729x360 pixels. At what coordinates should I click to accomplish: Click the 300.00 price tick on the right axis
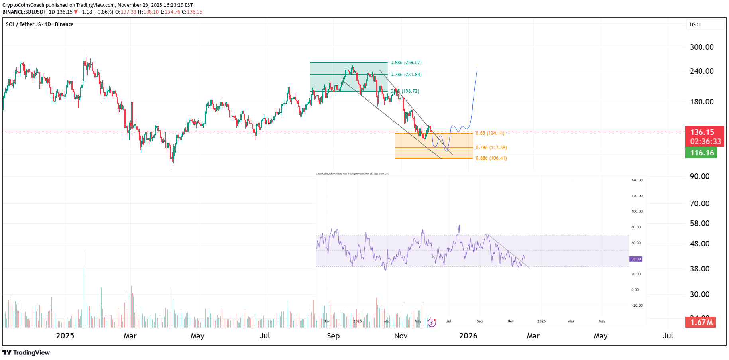point(701,47)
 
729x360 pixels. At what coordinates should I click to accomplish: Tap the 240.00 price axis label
point(701,71)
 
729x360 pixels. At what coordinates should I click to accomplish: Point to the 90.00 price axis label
point(700,176)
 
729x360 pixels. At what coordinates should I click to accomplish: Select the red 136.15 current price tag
point(704,132)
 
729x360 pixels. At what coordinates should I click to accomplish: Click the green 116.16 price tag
point(701,153)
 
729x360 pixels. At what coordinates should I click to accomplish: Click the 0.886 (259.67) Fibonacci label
point(406,63)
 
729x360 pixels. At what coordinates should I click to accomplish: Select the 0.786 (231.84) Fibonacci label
point(406,75)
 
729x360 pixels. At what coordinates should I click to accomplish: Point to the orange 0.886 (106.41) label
point(491,158)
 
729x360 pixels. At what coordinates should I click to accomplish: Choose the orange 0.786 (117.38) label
point(491,148)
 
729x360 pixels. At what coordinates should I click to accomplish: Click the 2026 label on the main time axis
point(468,336)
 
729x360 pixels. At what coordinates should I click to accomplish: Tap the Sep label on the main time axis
point(333,336)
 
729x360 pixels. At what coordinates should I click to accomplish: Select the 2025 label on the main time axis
point(65,336)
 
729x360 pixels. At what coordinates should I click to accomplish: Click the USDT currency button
point(704,25)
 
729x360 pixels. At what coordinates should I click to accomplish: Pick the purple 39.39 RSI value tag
point(636,259)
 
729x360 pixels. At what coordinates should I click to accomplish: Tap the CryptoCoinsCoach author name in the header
point(24,5)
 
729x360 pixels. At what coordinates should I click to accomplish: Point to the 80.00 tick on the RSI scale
point(636,227)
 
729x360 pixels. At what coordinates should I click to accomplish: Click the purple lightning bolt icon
point(432,323)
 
